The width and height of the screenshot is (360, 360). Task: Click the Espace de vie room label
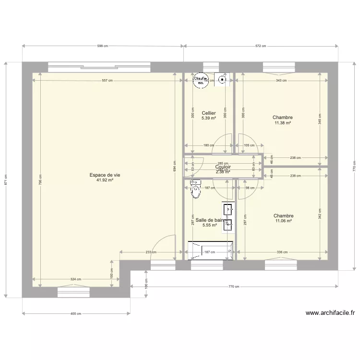(x=104, y=175)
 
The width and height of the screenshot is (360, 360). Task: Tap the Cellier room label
(x=208, y=113)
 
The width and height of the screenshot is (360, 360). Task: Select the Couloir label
(x=223, y=167)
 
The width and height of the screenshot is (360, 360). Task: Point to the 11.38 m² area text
(x=282, y=123)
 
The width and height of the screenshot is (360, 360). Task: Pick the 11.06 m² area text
(x=283, y=221)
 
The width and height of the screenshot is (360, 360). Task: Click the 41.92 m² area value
(x=104, y=180)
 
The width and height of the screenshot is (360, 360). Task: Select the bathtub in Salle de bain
(x=210, y=251)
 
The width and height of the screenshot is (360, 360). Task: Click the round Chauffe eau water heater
(x=200, y=80)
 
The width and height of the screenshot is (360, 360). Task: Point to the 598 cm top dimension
(x=103, y=46)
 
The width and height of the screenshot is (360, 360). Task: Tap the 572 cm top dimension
(x=261, y=46)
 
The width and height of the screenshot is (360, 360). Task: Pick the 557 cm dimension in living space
(x=107, y=81)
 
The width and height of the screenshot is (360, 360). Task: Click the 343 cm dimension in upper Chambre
(x=281, y=81)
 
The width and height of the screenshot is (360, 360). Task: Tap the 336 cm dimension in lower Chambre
(x=282, y=252)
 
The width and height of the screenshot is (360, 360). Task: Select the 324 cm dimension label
(x=75, y=279)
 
